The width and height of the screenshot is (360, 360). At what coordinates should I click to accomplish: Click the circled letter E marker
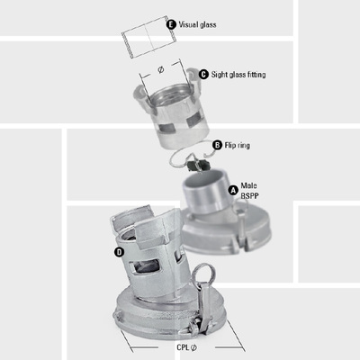[173, 25]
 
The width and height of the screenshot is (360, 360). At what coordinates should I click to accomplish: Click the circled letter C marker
[203, 74]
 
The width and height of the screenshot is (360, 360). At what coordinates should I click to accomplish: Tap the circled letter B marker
[217, 145]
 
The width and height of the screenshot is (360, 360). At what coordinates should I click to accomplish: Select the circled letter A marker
[234, 191]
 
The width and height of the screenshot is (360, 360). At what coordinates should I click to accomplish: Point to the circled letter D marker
[119, 253]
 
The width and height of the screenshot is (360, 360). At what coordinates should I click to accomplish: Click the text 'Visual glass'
[202, 25]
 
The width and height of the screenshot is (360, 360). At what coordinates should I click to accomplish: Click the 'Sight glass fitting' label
[244, 74]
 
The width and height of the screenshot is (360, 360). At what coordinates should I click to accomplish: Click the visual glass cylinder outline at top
[144, 37]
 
